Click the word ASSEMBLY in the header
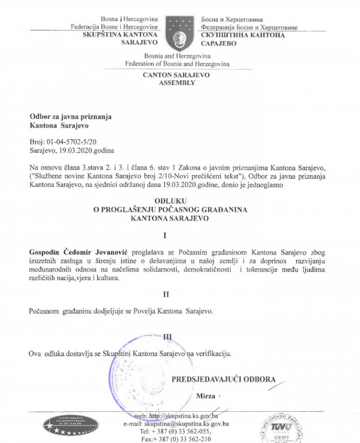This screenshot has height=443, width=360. pyautogui.click(x=177, y=83)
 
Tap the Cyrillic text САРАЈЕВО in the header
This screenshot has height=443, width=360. pyautogui.click(x=218, y=44)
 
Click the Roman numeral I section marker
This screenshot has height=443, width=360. pyautogui.click(x=165, y=236)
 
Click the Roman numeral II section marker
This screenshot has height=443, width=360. pyautogui.click(x=166, y=294)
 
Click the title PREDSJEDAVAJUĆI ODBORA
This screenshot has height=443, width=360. pyautogui.click(x=223, y=379)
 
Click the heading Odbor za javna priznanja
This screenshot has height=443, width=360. pyautogui.click(x=71, y=117)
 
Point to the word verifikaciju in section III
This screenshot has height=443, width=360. pyautogui.click(x=213, y=353)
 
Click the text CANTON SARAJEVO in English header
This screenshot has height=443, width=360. pyautogui.click(x=176, y=75)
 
